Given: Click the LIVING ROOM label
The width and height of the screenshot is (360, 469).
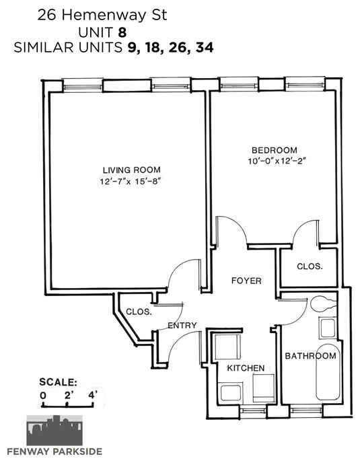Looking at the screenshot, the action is tap(132, 170).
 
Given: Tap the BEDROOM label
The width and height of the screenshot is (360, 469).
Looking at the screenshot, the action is tap(275, 150).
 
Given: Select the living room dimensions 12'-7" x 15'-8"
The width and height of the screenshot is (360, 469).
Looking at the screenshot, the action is tap(131, 182).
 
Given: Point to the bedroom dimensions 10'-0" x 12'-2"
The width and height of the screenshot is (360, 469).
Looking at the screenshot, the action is tap(278, 161).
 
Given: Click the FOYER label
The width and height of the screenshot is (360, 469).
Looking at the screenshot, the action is tap(247, 281).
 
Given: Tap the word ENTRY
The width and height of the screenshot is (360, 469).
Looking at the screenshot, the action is tap(182, 326).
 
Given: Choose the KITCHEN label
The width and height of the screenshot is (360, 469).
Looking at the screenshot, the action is tap(246, 368).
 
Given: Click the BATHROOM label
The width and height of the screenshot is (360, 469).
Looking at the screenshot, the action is tap(310, 356).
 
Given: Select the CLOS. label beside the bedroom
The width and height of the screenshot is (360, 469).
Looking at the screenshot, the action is tap(310, 266).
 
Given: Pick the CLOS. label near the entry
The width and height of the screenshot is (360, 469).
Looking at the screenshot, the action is tap(139, 312).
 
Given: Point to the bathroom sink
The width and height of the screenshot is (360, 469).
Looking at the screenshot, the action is tap(328, 328).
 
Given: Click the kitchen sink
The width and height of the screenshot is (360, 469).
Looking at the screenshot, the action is tap(231, 393).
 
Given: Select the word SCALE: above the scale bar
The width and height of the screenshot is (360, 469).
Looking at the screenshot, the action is tap(59, 382).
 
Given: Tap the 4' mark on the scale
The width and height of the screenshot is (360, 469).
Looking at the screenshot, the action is tap(93, 396).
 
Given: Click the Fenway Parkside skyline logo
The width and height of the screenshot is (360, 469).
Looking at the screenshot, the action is tap(55, 430).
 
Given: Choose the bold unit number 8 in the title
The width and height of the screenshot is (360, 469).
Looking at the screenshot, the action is tap(122, 32).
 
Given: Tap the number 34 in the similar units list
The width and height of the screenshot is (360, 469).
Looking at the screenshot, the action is tap(205, 48).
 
